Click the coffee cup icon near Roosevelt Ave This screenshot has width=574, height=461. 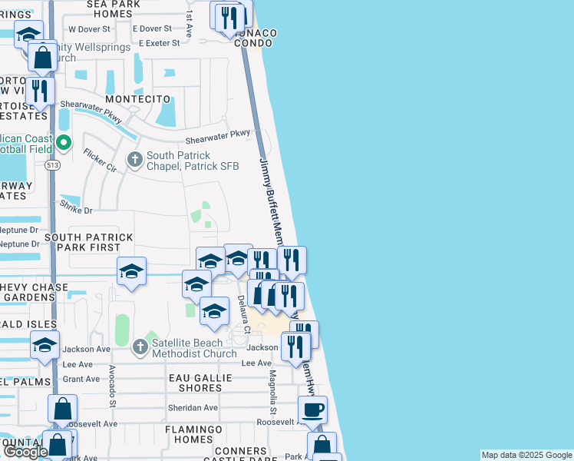pos(312,410)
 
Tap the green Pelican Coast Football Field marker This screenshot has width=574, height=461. pos(64,142)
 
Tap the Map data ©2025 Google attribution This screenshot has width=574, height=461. pos(526,455)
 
